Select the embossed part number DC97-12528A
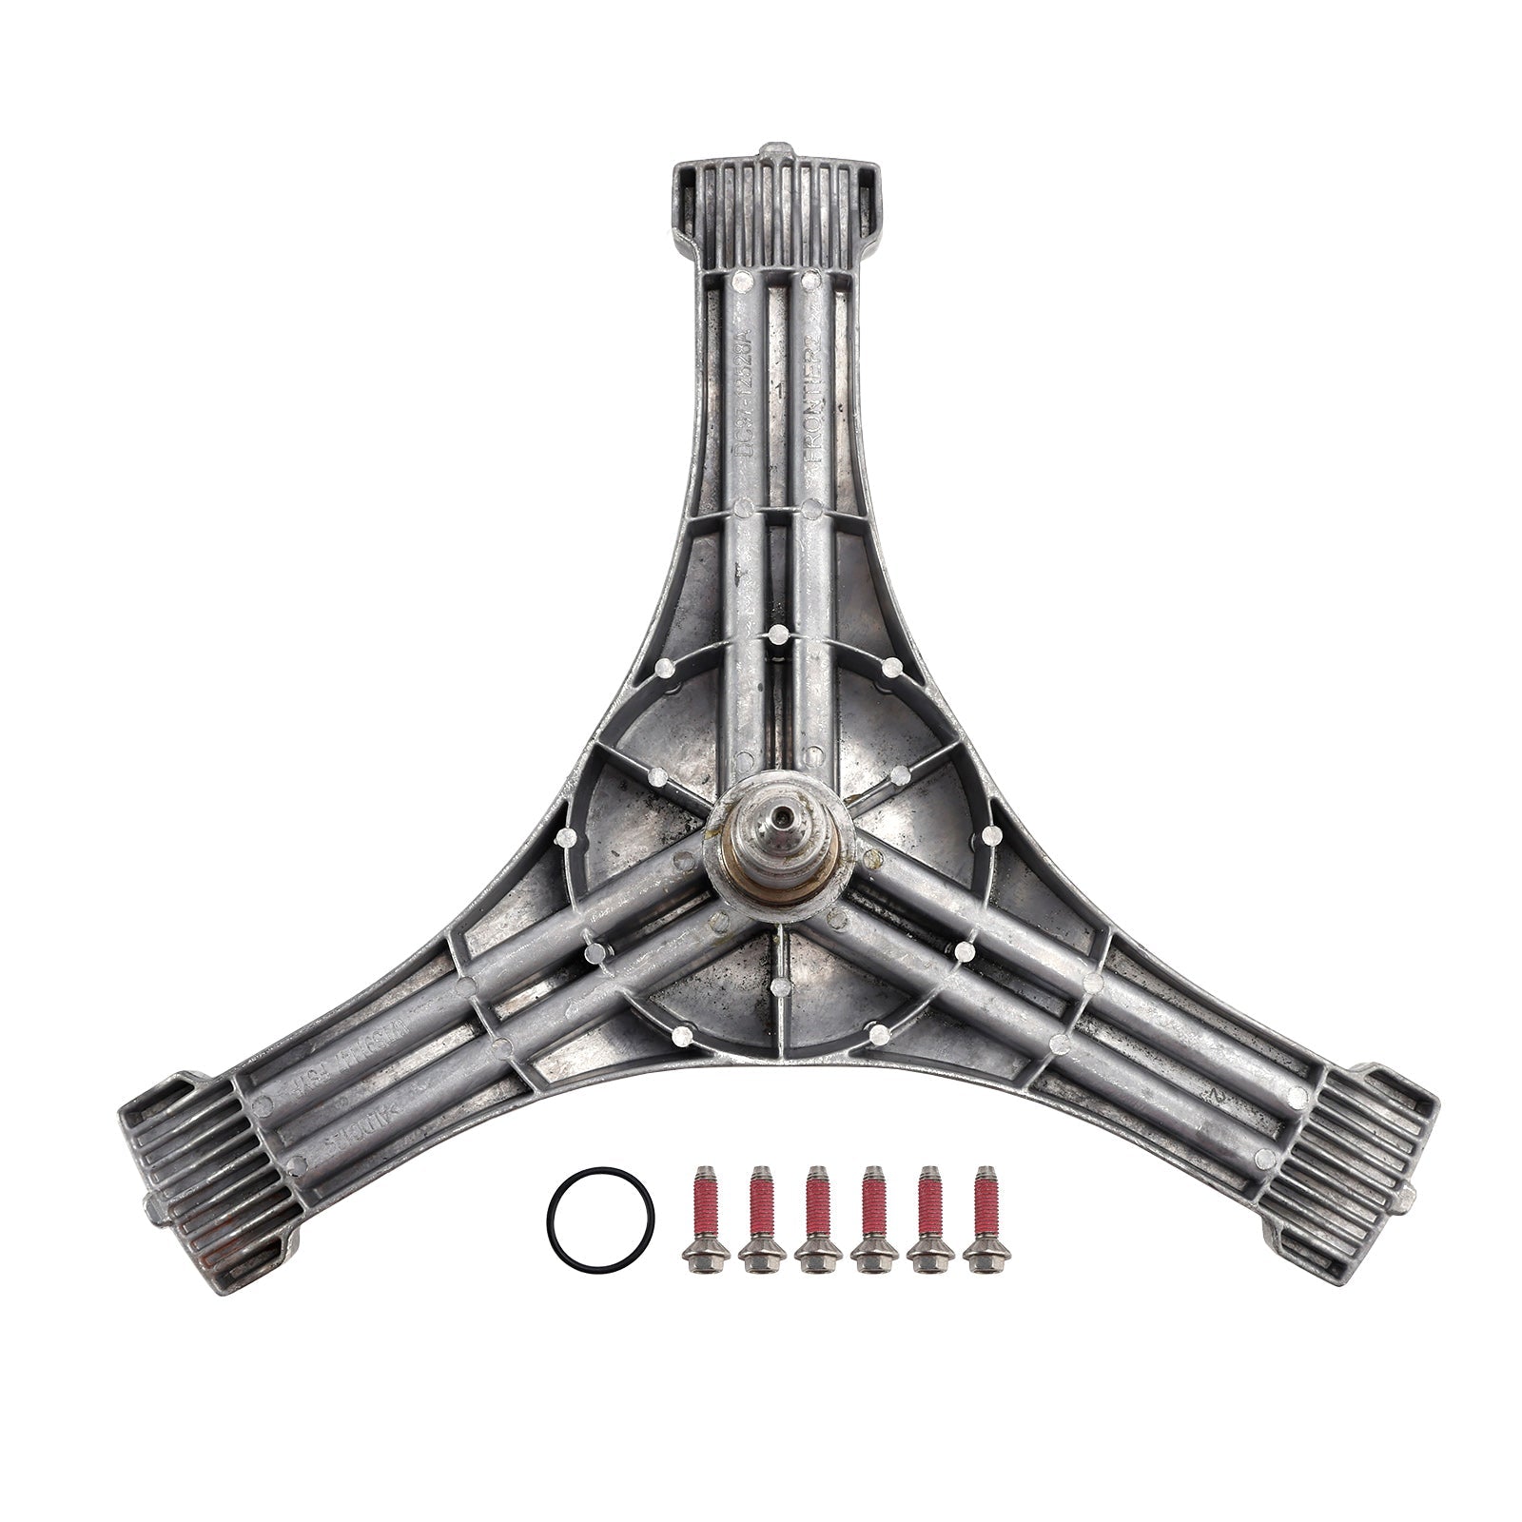coord(745,380)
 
